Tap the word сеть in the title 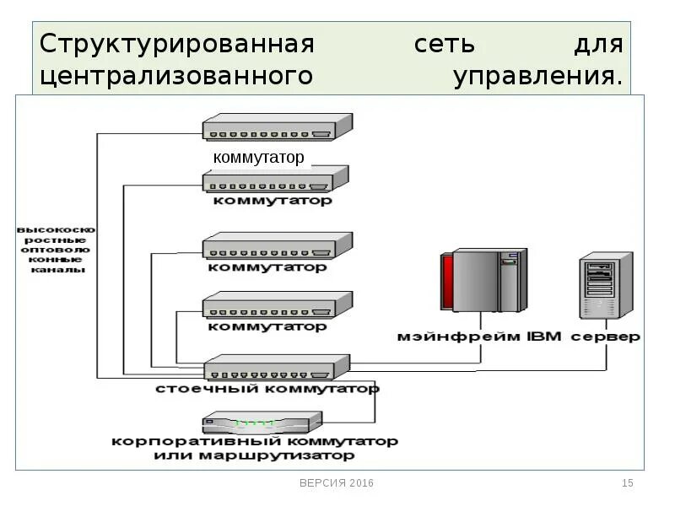[444, 44]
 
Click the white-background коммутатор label [258, 158]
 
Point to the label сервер [605, 336]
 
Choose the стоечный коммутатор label [267, 389]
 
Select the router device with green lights [262, 423]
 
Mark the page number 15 [627, 483]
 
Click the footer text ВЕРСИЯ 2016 [336, 483]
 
